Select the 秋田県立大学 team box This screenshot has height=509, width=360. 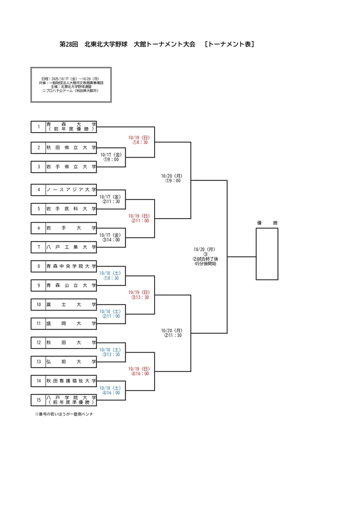pos(71,148)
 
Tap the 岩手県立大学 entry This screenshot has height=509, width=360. pos(71,166)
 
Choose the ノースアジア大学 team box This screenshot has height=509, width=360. pos(71,190)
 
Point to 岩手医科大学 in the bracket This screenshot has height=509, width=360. pos(71,209)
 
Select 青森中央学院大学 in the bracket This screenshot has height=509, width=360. pos(71,266)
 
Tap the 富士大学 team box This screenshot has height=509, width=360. pos(71,304)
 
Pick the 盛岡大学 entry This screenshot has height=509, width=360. pos(71,323)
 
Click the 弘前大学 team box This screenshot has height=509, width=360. pos(71,362)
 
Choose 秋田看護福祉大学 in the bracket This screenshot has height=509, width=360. pos(71,381)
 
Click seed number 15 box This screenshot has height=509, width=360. pos(39,400)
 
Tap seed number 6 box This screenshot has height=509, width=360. pos(39,228)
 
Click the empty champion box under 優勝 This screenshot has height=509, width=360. pos(267,256)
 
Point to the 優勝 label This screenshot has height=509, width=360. pos(267,223)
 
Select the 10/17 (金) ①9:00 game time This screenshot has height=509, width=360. pos(111,157)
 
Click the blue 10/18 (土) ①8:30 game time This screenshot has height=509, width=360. pos(111,276)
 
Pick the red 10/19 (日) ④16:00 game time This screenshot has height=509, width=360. pos(138,371)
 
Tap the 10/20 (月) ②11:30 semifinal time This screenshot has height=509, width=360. pos(173,333)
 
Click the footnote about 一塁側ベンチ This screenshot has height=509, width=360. pos(64,414)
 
